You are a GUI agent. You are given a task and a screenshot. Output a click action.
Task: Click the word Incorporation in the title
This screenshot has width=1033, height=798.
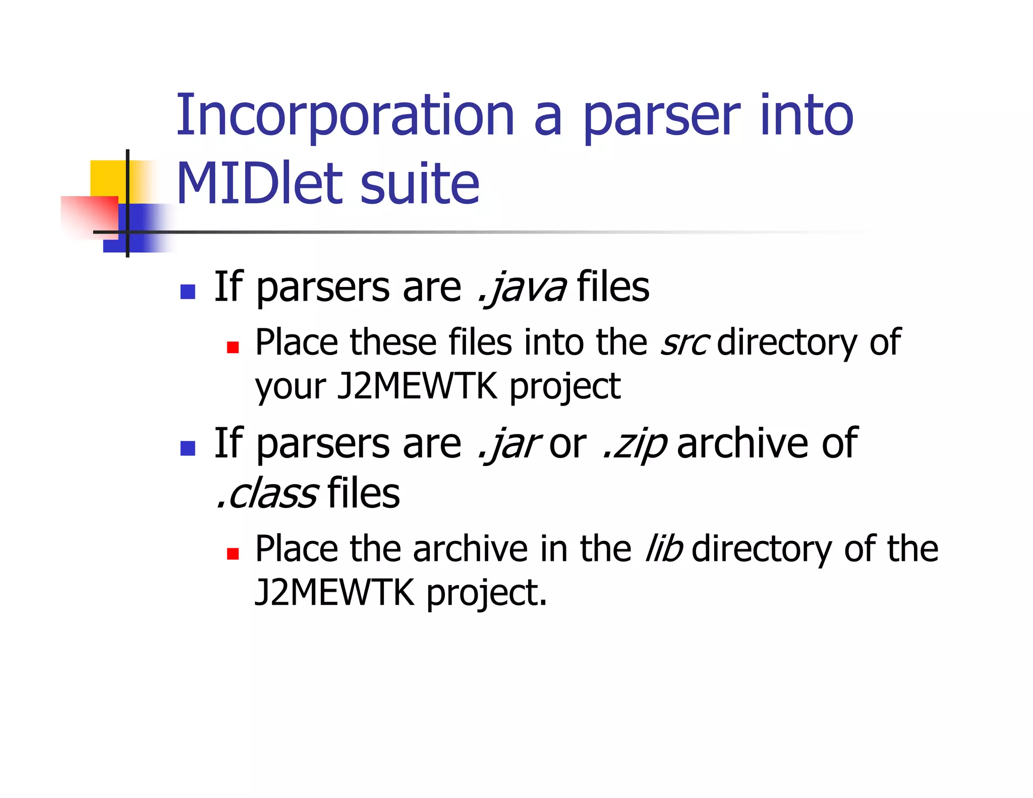tap(345, 116)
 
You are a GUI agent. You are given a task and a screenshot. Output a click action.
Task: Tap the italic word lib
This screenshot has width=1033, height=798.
tap(664, 549)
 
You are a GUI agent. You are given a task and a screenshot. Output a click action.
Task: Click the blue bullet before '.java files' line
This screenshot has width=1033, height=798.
tap(188, 292)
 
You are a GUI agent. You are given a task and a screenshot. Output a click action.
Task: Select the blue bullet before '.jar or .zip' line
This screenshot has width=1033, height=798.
tap(188, 448)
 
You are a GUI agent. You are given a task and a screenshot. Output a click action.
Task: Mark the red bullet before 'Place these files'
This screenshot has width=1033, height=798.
tap(233, 347)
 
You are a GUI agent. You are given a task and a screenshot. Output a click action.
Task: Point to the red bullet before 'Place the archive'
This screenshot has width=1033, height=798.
tap(233, 554)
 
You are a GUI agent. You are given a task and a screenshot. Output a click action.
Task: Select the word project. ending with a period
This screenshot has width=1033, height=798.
tap(487, 593)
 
